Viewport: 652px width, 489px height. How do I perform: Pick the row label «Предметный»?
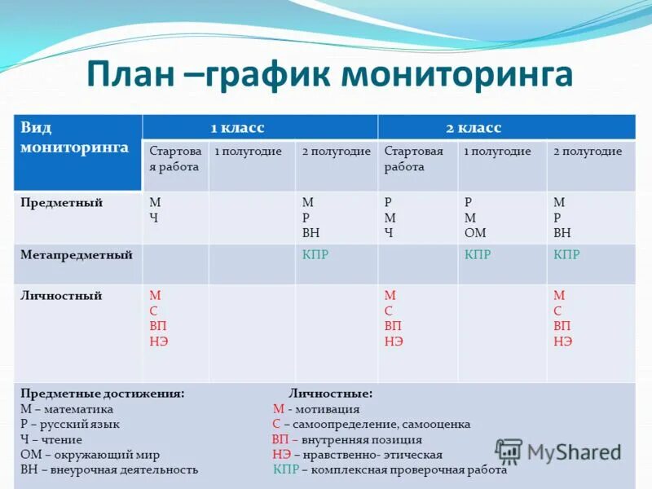62,203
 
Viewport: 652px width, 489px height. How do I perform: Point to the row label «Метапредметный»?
77,255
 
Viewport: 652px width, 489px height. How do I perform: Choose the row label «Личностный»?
61,296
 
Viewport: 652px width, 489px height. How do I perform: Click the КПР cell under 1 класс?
315,255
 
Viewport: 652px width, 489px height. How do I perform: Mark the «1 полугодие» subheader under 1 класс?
249,152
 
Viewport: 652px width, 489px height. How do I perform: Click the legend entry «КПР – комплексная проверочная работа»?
390,469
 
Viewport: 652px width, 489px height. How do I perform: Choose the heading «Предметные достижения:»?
102,393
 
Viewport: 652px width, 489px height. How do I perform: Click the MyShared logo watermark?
558,452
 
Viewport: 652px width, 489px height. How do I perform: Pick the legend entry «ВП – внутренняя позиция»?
346,439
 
